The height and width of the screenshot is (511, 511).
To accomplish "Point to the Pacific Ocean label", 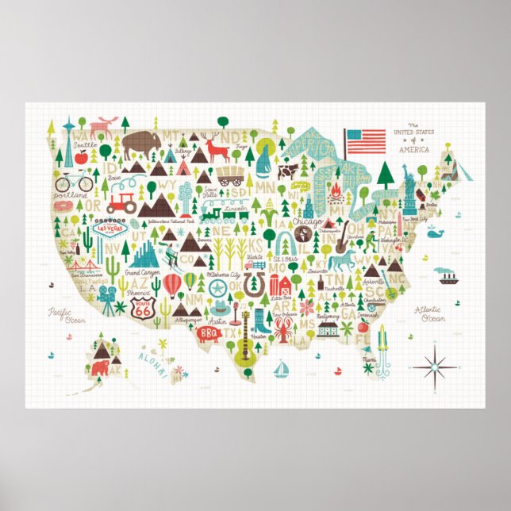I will [65, 315].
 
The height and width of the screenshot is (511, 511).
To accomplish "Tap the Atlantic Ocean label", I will [432, 314].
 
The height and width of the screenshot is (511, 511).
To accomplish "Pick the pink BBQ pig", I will [209, 334].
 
